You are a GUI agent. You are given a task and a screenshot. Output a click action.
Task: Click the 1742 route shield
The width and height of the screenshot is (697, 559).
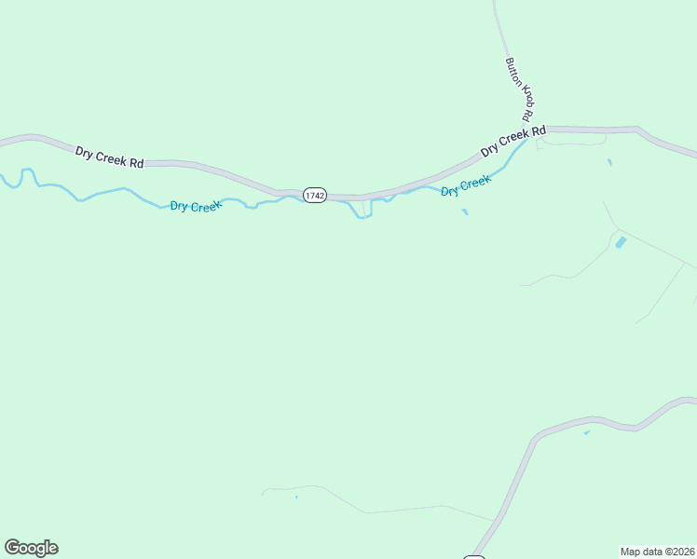[x=315, y=196]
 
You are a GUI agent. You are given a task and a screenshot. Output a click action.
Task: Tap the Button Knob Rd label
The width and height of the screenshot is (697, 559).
[x=518, y=90]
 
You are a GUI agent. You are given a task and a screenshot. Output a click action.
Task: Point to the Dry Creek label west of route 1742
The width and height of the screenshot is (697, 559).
[x=196, y=206]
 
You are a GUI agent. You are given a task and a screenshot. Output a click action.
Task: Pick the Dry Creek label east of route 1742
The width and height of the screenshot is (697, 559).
[x=465, y=185]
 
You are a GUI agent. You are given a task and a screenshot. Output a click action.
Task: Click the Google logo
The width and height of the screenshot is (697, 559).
[x=31, y=548]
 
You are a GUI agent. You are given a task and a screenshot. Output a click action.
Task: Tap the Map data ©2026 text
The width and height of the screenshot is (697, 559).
[x=657, y=551]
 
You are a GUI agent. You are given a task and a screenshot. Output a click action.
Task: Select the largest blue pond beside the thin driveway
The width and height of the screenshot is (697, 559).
[x=621, y=242]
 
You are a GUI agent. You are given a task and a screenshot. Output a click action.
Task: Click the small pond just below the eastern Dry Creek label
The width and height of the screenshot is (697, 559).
[x=464, y=211]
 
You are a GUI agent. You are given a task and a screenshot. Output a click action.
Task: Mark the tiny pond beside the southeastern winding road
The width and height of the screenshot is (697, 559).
[x=586, y=432]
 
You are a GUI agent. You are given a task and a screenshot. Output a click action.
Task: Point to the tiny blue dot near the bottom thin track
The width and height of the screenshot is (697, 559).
[x=296, y=498]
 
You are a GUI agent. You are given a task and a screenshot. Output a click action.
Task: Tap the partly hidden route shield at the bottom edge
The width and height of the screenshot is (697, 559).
[x=474, y=556]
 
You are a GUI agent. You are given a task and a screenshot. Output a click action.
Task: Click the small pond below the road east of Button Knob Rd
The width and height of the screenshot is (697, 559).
[x=609, y=163]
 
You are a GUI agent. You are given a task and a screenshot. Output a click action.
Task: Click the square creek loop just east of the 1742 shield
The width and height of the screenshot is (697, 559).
[x=362, y=211]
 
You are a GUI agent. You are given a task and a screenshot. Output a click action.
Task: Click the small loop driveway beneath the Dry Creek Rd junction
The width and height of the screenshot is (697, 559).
[x=570, y=141]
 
